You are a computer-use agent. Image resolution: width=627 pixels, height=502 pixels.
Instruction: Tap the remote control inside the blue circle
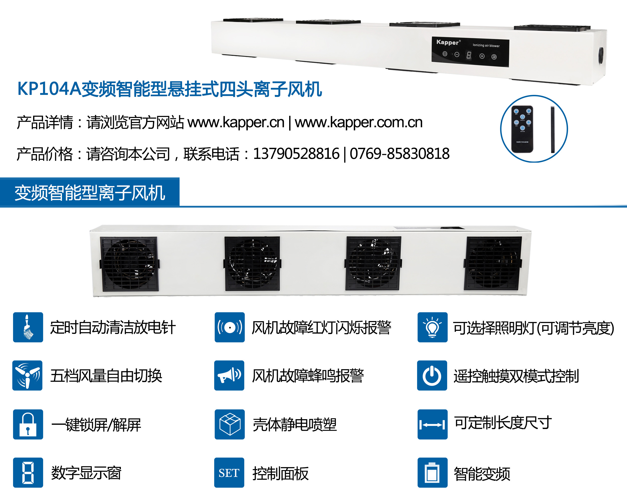[522, 129]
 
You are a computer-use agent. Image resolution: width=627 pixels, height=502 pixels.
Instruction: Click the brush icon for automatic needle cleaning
[28, 327]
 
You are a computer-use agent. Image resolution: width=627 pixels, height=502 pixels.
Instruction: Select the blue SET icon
[229, 473]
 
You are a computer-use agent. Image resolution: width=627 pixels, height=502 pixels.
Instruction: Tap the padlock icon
[28, 424]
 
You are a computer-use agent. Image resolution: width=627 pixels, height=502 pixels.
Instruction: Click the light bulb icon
[432, 327]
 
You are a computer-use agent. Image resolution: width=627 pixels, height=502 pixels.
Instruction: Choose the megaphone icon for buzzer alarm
[229, 375]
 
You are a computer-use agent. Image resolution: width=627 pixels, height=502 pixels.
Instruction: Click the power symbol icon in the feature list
[432, 375]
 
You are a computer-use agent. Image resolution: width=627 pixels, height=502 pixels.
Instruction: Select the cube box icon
[229, 424]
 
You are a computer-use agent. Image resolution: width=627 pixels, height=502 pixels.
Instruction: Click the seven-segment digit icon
[28, 473]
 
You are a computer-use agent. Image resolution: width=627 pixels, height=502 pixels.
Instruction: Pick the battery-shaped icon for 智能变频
[432, 473]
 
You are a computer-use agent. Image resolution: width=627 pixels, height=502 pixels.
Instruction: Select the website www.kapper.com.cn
[359, 122]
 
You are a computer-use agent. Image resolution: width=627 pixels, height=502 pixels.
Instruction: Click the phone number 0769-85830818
[400, 154]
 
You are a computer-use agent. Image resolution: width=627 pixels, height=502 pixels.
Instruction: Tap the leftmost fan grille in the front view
[129, 264]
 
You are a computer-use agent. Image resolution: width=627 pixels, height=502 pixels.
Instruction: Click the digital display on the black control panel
[469, 55]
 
